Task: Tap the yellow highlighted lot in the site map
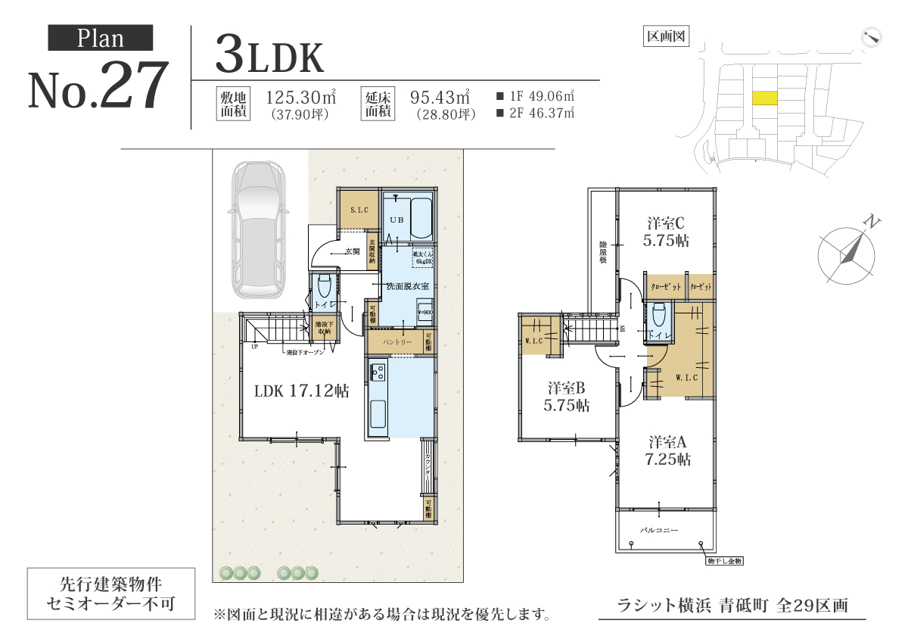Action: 765,98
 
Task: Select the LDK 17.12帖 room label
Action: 301,391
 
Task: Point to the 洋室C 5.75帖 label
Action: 666,232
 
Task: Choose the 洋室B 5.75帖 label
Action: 567,396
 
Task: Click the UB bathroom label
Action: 396,219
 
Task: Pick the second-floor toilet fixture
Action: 658,316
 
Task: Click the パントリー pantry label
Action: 396,342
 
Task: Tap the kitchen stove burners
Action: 378,372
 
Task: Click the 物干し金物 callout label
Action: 725,561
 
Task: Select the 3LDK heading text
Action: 269,54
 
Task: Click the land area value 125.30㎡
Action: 300,98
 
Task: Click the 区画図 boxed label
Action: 665,36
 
